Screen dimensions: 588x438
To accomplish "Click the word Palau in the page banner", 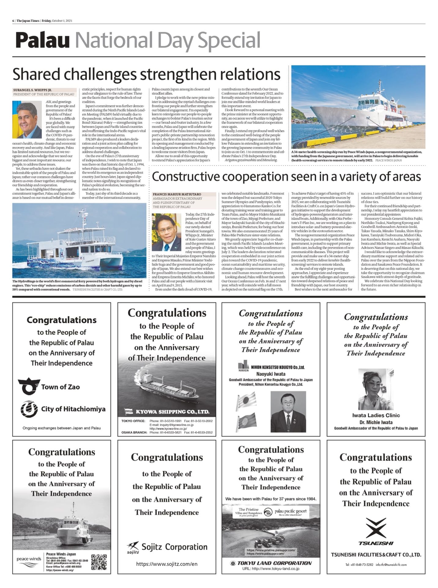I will click(43, 41).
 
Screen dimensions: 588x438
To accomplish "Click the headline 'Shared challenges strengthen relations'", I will click(146, 74).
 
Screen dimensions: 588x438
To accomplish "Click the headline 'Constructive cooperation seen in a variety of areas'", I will click(286, 177).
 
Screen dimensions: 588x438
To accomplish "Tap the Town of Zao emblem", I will click(29, 386).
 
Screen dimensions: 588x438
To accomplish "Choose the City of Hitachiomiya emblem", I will click(29, 409).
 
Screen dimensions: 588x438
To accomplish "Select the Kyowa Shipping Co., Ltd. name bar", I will click(167, 412).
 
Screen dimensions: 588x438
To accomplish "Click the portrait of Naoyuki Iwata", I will click(288, 411).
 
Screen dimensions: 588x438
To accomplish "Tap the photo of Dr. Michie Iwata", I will click(376, 389).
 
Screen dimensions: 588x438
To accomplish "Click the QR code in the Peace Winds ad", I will click(99, 562).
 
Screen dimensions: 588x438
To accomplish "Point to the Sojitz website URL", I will click(167, 564).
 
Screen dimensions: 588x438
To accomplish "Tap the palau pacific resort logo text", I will click(290, 511).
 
